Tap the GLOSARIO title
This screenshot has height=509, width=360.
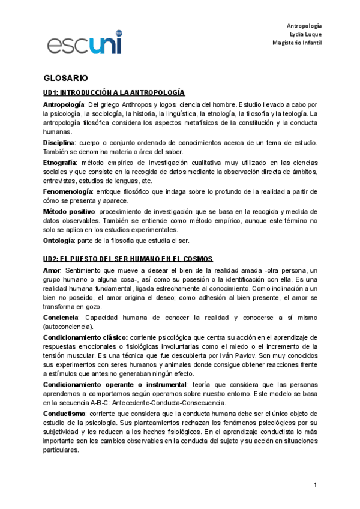66,79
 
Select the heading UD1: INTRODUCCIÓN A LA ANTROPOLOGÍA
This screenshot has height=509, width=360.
114,92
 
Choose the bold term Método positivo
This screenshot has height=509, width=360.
69,212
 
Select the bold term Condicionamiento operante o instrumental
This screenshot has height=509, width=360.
115,384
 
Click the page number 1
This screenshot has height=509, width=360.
314,484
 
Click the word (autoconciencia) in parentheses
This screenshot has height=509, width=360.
68,327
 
